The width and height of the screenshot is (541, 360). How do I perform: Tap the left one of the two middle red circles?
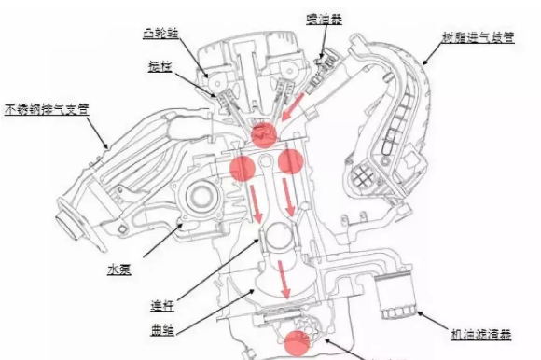(x=243, y=167)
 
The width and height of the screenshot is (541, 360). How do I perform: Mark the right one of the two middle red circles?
(x=290, y=161)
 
